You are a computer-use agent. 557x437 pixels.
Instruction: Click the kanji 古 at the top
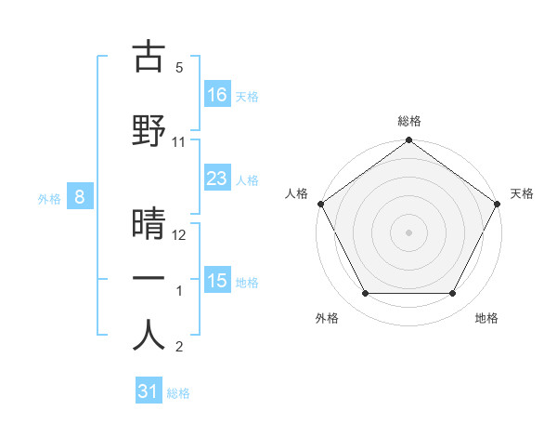(149, 58)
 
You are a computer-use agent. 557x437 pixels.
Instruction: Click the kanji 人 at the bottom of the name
(149, 336)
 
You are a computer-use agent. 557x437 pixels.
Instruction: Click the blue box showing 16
(217, 94)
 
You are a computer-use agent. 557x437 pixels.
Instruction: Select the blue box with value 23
(217, 179)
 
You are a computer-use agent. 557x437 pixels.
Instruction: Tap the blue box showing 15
(217, 281)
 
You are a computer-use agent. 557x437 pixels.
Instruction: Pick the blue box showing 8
(80, 196)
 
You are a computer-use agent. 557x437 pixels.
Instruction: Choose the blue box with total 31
(149, 391)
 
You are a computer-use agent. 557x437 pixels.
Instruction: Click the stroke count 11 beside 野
(179, 142)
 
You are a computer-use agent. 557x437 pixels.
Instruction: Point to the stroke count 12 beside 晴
(179, 235)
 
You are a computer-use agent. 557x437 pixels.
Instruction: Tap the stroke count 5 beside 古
(179, 68)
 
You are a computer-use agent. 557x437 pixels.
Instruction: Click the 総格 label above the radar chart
(409, 121)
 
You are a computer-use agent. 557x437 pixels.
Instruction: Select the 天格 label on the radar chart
(523, 193)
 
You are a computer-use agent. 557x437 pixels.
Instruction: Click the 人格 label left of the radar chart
(296, 193)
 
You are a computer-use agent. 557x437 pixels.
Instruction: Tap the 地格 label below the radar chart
(486, 318)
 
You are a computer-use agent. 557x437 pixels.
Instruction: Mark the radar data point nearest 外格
(365, 294)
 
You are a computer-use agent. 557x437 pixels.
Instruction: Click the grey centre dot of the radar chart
(409, 232)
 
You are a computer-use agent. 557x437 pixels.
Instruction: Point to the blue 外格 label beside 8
(49, 198)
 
